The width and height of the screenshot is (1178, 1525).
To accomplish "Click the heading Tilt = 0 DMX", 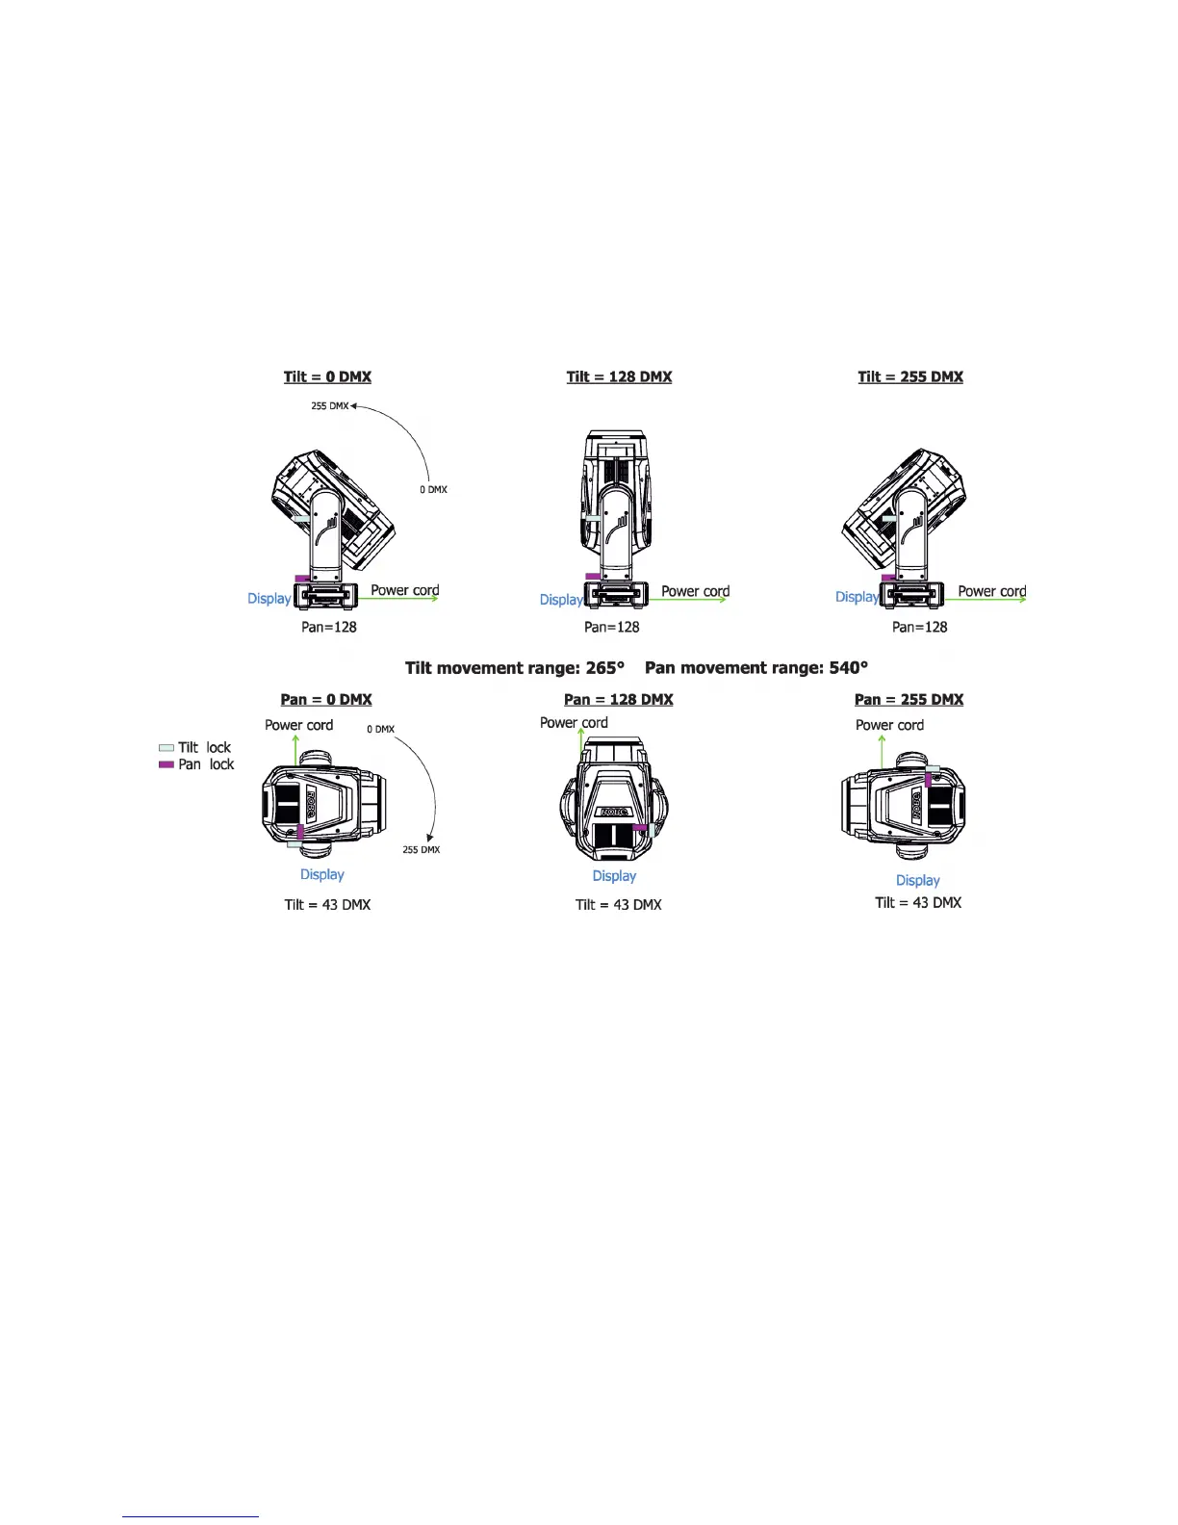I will (327, 376).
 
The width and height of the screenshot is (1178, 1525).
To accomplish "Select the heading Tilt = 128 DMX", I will (619, 376).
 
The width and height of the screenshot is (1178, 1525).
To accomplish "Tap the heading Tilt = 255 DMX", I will (910, 376).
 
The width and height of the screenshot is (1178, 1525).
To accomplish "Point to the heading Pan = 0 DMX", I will (326, 699).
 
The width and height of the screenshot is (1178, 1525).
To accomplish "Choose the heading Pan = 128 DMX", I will (619, 699).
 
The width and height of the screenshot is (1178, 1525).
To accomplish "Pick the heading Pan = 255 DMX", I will (909, 699).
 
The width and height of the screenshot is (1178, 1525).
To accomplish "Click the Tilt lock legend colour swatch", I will (166, 748).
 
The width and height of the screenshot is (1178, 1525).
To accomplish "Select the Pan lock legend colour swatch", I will (166, 764).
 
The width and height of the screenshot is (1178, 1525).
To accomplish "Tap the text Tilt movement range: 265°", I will (515, 667).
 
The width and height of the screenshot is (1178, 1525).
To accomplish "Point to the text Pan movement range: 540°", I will (756, 667).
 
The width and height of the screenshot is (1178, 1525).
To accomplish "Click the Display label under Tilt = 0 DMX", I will (269, 599).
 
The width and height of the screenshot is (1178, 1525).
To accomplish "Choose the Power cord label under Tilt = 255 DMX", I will (991, 591).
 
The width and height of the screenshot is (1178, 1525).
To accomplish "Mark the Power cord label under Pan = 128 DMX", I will (574, 722).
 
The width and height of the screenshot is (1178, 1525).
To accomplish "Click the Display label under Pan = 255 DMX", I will (917, 880).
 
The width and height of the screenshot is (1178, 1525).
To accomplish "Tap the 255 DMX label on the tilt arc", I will (329, 406).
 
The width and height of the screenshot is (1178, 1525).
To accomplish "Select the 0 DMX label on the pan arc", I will (380, 729).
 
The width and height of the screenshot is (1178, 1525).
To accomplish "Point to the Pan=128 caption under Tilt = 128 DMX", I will (612, 627).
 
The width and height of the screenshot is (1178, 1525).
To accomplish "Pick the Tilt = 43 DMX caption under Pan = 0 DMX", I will (327, 904).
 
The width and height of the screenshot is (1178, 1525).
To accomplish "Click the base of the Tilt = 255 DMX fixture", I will (911, 596).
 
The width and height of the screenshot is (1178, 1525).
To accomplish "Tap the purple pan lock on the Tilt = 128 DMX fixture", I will (593, 577).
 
